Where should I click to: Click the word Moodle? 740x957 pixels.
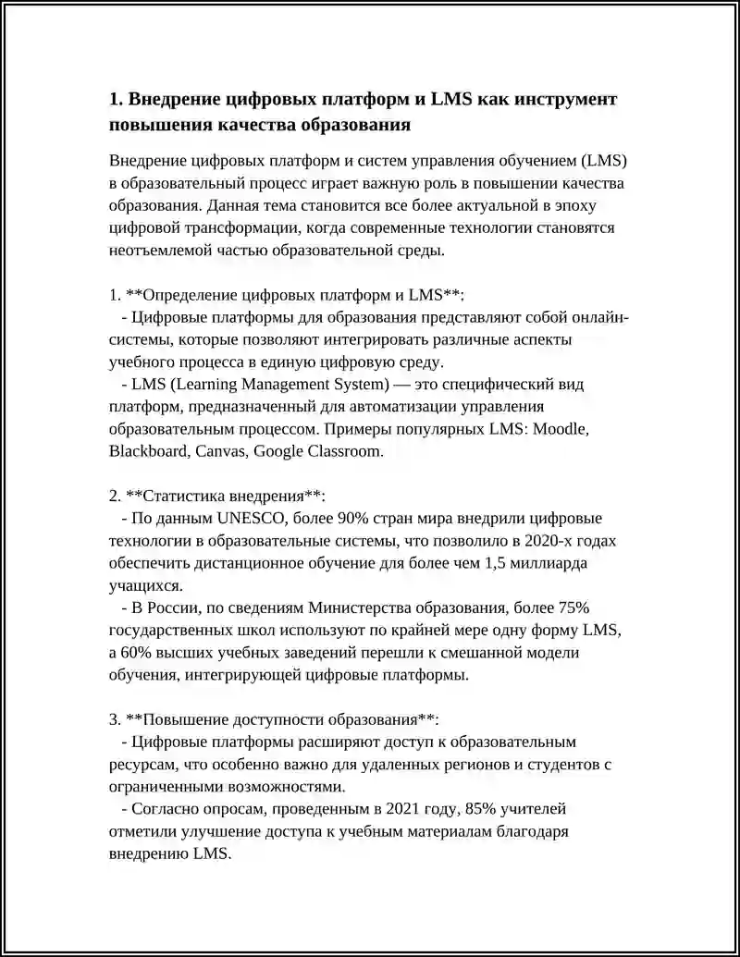[558, 429]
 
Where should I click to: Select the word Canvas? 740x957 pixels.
[219, 451]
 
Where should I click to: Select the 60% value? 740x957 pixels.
[137, 652]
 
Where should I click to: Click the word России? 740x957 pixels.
[173, 607]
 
